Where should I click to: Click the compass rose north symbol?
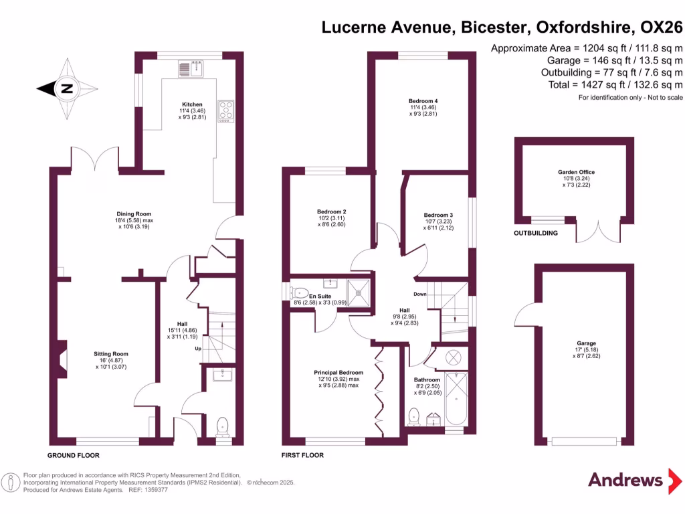[x=66, y=88]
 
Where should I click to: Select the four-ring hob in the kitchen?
[x=225, y=110]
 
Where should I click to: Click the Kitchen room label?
[x=193, y=104]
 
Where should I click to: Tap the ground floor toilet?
[x=223, y=425]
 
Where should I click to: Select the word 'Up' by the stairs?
[x=197, y=349]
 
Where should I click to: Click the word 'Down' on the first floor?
[x=419, y=294]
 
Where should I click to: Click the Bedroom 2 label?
[x=330, y=211]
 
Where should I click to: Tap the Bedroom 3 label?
[x=438, y=216]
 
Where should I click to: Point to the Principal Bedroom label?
[x=338, y=373]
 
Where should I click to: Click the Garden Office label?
[x=576, y=172]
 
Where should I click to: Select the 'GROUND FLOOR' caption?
[x=73, y=455]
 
